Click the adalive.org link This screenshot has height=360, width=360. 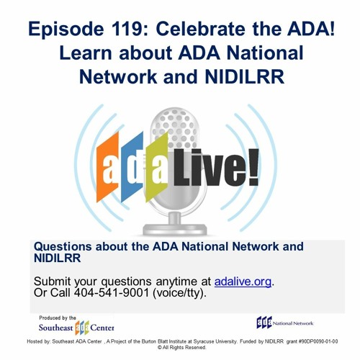pyautogui.click(x=243, y=282)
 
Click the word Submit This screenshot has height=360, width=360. pyautogui.click(x=55, y=282)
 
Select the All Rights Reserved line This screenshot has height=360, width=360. pyautogui.click(x=181, y=348)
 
